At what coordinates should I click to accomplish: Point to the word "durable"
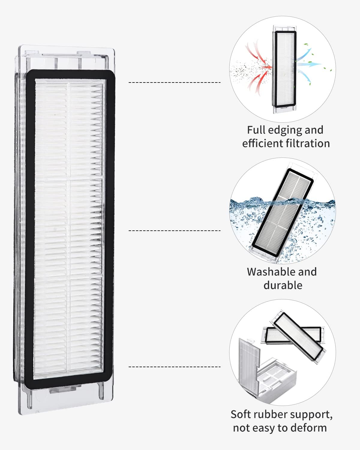pyautogui.click(x=283, y=285)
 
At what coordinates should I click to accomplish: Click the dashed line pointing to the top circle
pyautogui.click(x=175, y=82)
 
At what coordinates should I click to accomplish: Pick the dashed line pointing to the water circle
pyautogui.click(x=175, y=230)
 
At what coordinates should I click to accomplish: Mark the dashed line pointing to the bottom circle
pyautogui.click(x=175, y=367)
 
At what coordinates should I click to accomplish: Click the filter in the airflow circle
pyautogui.click(x=284, y=69)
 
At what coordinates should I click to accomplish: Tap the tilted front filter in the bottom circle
pyautogui.click(x=298, y=336)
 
